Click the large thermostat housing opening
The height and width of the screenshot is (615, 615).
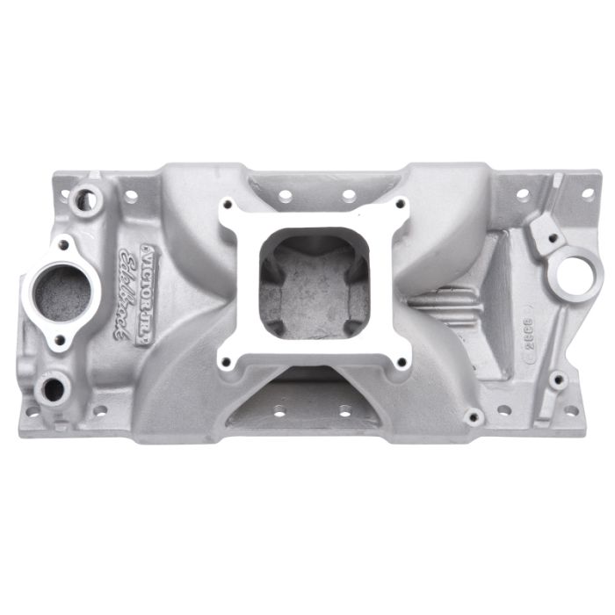tap(61, 292)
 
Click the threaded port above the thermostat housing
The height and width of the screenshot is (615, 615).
tap(86, 199)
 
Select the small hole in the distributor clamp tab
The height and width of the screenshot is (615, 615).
tap(552, 237)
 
